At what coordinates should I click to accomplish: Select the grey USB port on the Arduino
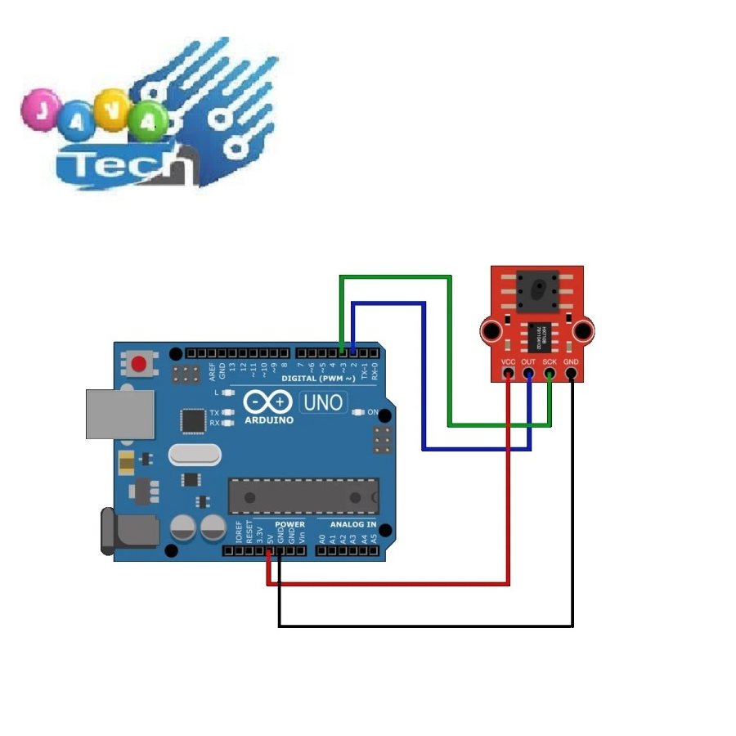point(119,414)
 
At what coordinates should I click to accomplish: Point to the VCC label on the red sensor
point(508,361)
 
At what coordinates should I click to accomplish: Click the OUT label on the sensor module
point(528,361)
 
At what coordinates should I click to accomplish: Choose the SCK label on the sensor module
point(550,361)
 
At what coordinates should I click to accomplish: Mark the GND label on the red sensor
point(571,361)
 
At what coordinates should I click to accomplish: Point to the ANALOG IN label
point(353,524)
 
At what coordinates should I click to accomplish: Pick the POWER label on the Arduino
point(289,524)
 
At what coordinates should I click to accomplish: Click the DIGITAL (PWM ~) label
point(318,379)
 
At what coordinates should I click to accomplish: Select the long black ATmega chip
point(303,496)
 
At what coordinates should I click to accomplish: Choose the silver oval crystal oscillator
point(195,454)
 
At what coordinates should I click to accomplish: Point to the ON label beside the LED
point(373,412)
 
